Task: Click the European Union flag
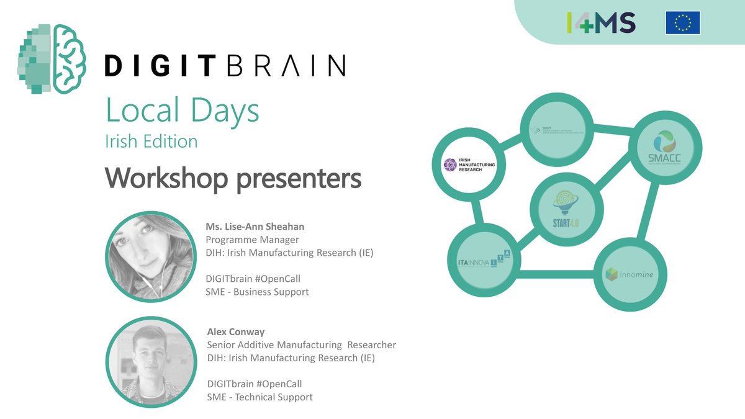point(683,22)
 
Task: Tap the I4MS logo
point(601,22)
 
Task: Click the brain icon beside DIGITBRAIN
point(55,59)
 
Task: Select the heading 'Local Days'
point(183,110)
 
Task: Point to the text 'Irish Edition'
point(151,141)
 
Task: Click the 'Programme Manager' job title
point(252,239)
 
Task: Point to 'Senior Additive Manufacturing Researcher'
point(301,345)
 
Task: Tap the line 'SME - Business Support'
point(257,291)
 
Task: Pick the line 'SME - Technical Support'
point(260,397)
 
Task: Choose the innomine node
point(626,274)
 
